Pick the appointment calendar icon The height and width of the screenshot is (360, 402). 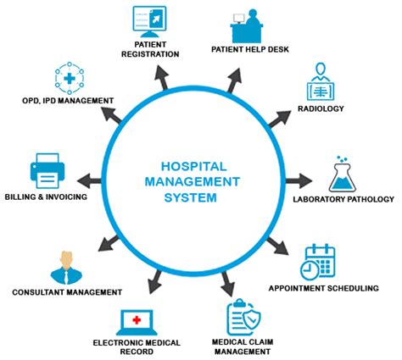pos(319,262)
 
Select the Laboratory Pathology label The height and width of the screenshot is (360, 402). pos(343,199)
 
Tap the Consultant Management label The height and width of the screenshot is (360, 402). pos(66,292)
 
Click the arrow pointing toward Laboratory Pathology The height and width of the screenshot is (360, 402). pos(298,180)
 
